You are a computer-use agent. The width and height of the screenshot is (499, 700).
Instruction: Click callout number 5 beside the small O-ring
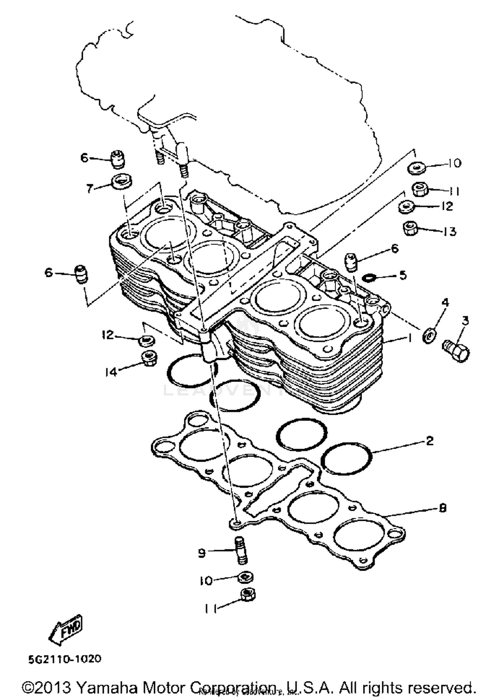click(x=403, y=275)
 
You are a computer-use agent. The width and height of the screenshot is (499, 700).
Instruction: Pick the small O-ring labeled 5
click(x=369, y=277)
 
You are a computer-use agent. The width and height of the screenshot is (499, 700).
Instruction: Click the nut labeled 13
click(x=410, y=228)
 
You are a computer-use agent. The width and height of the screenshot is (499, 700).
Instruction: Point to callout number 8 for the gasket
click(x=442, y=508)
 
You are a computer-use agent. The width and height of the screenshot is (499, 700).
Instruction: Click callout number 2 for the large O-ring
click(x=429, y=441)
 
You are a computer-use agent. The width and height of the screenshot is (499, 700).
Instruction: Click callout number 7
click(x=89, y=188)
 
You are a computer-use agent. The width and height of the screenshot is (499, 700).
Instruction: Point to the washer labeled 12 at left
click(x=146, y=340)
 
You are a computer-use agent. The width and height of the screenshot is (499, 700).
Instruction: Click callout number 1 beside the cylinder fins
click(x=410, y=338)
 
